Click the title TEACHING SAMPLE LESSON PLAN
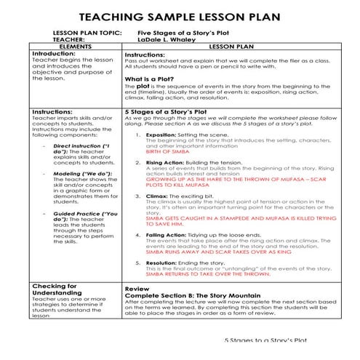pyautogui.click(x=180, y=15)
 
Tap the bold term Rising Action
pyautogui.click(x=164, y=162)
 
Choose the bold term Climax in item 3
pyautogui.click(x=158, y=196)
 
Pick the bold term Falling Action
pyautogui.click(x=164, y=235)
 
